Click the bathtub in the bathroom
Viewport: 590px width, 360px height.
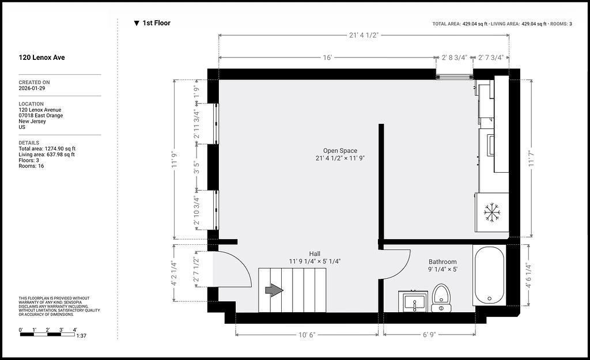pos(490,275)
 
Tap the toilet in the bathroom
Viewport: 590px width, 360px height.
pos(441,298)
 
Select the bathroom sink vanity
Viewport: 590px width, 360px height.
pos(414,301)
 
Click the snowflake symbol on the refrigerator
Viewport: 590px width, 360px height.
pos(492,212)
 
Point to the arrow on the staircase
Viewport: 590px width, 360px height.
pos(274,290)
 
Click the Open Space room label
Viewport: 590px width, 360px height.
pos(340,150)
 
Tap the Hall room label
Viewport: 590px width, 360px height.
pos(315,254)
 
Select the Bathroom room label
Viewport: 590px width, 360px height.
pos(442,262)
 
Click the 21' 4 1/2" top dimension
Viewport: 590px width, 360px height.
pos(364,35)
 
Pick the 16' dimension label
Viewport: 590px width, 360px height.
pos(327,58)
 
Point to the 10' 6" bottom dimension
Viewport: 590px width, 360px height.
pos(307,335)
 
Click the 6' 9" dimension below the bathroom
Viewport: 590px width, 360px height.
pos(429,335)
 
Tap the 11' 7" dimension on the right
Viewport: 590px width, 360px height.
pos(531,159)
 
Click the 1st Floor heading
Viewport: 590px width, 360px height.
pos(152,23)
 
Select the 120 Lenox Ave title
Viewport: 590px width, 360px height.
pos(41,58)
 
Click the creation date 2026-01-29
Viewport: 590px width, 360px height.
pos(32,88)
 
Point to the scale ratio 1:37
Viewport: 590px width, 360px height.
pos(81,336)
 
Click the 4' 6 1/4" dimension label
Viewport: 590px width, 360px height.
pos(529,275)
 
